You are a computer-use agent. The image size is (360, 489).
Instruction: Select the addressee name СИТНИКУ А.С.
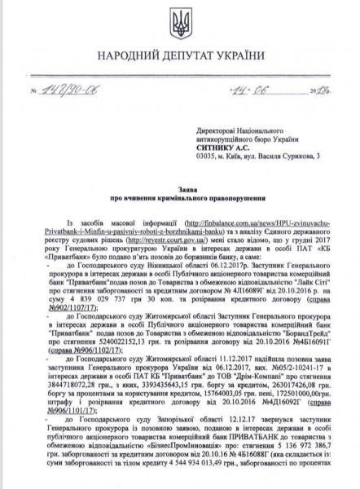point(224,146)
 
